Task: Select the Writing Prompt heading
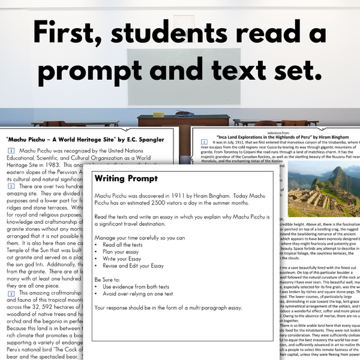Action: [126, 179]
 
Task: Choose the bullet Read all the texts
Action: [127, 245]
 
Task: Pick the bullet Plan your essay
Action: [123, 253]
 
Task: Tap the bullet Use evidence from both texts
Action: [140, 289]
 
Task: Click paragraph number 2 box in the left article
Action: [11, 186]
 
